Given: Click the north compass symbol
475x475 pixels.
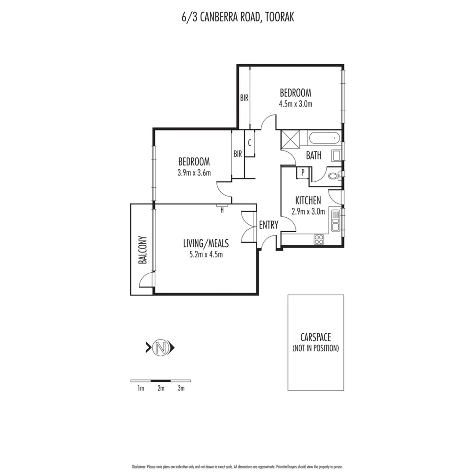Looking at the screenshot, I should [161, 348].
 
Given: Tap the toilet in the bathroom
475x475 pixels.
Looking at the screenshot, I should [333, 176].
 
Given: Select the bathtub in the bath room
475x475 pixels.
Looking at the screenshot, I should [324, 139].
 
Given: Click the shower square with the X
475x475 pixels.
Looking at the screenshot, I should [290, 139].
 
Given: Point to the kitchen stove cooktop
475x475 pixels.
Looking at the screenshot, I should [318, 240].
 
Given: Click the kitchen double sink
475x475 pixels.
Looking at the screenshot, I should [335, 221].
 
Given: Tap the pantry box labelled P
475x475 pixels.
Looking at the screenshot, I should [303, 173].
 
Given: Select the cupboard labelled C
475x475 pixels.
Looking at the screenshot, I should [249, 143].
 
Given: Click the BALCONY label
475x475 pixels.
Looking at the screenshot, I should [142, 251].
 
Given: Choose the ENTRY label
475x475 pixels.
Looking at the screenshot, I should [268, 225].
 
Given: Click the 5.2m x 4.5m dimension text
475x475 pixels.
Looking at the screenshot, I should [206, 254].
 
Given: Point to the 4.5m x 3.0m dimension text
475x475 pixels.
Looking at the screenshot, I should [296, 104].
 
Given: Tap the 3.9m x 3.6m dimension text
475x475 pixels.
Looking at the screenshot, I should [194, 172].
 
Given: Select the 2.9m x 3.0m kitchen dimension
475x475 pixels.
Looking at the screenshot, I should [308, 212].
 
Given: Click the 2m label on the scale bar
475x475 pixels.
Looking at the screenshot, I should [161, 388].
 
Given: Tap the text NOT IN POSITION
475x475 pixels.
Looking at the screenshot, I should [315, 348].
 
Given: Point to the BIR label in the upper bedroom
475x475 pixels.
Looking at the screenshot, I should [244, 99].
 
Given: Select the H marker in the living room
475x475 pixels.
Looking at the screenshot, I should [222, 210].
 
